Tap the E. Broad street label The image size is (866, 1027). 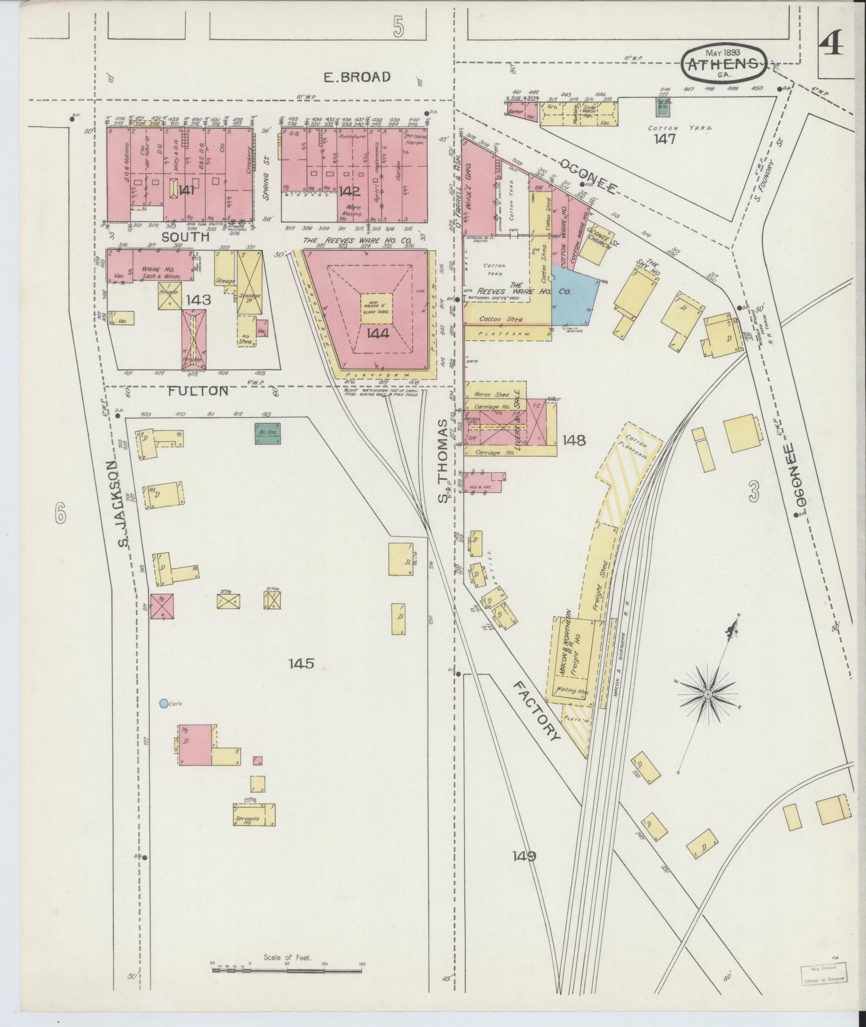pos(356,77)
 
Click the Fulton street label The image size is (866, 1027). pos(198,391)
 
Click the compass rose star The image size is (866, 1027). pos(708,695)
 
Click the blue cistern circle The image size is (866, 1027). pos(163,703)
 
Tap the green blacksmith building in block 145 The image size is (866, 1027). pos(268,433)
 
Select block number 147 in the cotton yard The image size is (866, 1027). pos(664,140)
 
